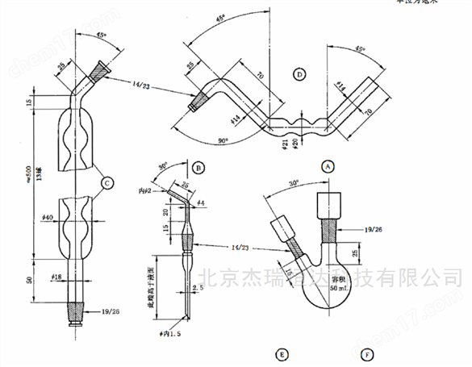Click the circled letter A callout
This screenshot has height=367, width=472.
pos(328,166)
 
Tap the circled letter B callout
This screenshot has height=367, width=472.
pos(198,168)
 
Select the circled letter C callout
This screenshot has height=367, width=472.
pos(106,184)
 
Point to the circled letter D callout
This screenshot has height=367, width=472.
pos(300,75)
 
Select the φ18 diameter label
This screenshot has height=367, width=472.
pos(58,277)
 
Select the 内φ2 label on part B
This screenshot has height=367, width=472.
pos(146,190)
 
